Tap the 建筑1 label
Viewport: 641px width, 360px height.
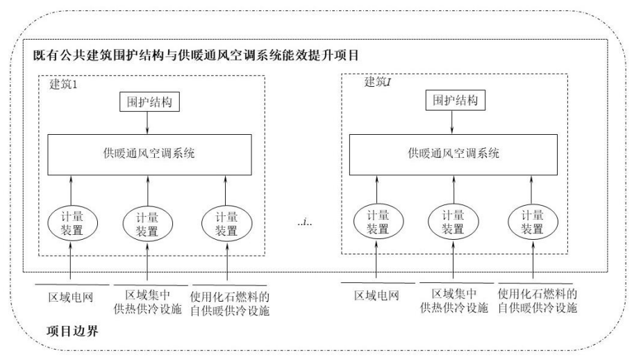click(x=67, y=84)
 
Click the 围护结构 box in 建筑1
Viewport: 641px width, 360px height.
click(x=147, y=102)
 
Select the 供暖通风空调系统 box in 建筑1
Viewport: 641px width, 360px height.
click(x=147, y=153)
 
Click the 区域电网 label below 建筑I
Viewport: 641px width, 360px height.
click(x=376, y=296)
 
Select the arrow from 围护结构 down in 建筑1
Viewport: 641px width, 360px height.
click(x=147, y=123)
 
